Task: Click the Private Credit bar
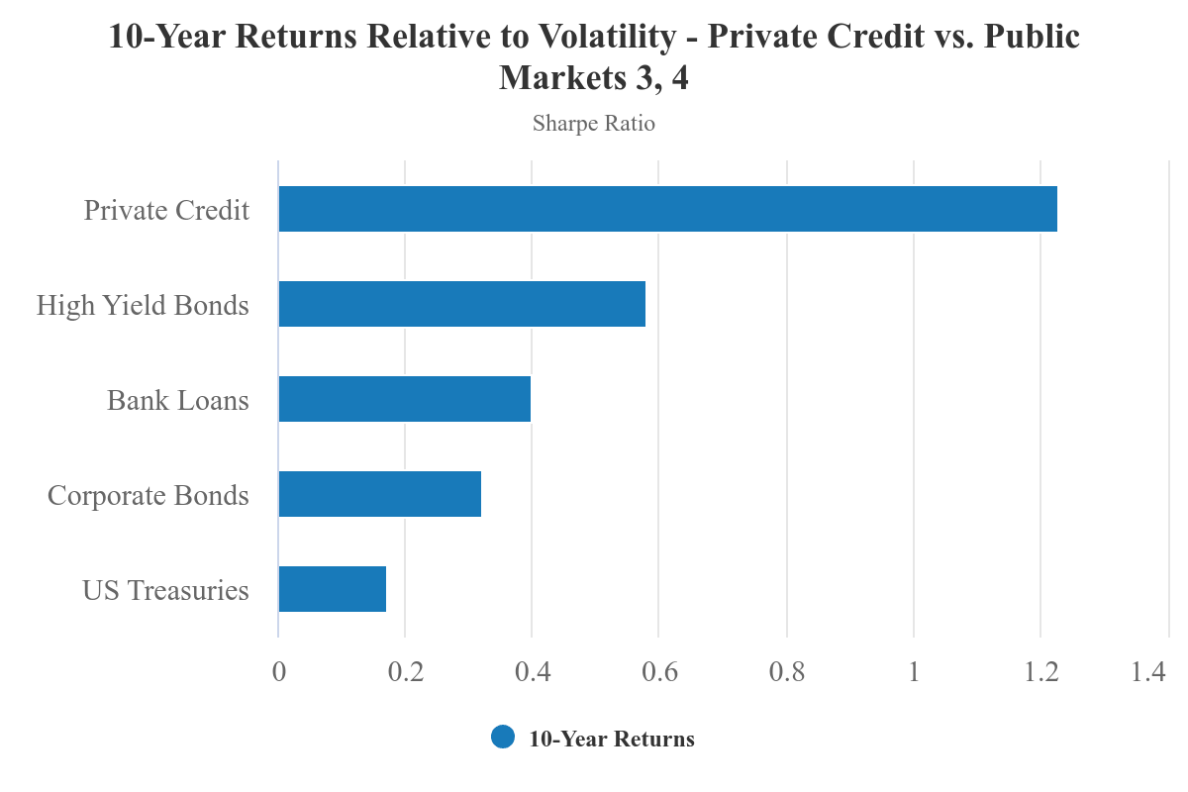pos(667,209)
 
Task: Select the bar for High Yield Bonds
pos(461,304)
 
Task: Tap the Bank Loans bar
pos(404,399)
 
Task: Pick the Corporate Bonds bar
pos(379,494)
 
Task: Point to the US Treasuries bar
pos(332,589)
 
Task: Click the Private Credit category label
pos(166,210)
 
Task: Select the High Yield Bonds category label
pos(143,305)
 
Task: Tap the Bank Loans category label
pos(178,400)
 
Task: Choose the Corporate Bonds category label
pos(148,495)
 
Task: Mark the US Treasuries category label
pos(165,590)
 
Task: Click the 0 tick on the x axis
pos(278,671)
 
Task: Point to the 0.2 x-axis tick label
pos(405,671)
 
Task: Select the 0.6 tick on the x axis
pos(659,671)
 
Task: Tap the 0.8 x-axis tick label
pos(786,671)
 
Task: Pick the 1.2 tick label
pos(1040,671)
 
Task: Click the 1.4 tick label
pos(1148,671)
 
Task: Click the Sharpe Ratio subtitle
pos(594,124)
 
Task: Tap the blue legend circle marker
pos(503,738)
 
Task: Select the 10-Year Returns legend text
pos(612,739)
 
